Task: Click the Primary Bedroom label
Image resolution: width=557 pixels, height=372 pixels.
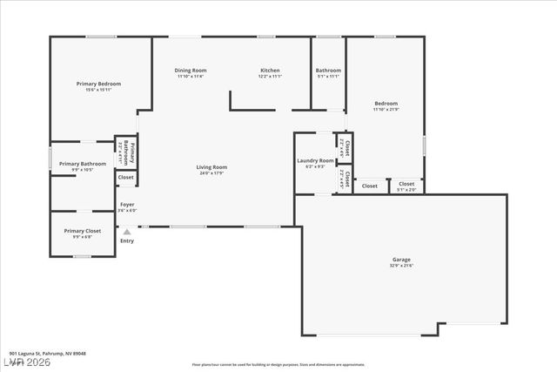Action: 98,84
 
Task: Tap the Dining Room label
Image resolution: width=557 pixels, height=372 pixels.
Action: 190,71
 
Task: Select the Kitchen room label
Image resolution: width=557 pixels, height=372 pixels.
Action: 270,71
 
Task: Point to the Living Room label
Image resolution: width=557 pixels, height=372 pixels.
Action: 211,167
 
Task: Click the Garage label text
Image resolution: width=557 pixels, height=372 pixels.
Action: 401,260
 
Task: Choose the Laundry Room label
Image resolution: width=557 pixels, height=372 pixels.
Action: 315,161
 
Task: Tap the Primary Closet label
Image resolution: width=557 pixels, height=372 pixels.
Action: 83,231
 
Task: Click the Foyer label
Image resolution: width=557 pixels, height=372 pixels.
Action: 127,205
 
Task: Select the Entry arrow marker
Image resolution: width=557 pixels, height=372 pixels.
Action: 127,232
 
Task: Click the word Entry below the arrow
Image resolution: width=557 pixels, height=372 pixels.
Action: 127,241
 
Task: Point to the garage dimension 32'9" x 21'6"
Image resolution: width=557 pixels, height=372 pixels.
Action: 401,266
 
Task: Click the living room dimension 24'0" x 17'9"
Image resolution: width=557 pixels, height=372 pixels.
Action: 211,173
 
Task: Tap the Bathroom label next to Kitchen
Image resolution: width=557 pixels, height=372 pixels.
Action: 328,71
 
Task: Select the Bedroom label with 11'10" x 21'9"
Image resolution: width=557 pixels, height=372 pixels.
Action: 386,104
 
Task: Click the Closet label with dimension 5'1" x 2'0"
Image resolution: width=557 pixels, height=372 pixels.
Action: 406,184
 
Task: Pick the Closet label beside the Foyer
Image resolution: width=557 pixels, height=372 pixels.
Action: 126,178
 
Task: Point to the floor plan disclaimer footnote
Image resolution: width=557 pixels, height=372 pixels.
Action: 291,364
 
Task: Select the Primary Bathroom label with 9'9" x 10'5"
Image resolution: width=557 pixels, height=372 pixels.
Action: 83,164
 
